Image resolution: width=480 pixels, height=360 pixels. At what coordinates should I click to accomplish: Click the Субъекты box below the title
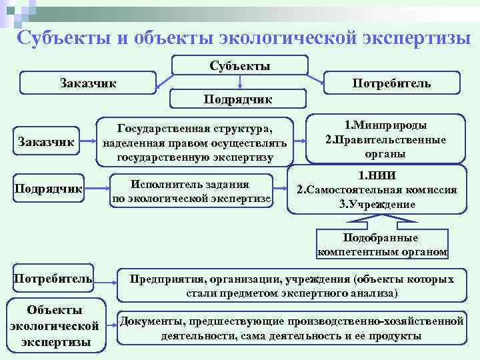pyautogui.click(x=240, y=65)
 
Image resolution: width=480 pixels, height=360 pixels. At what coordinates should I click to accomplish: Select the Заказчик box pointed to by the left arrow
pyautogui.click(x=87, y=83)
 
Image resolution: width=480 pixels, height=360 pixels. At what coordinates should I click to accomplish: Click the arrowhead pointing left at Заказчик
pyautogui.click(x=159, y=83)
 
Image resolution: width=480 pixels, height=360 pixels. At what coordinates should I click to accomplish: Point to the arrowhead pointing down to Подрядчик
pyautogui.click(x=240, y=86)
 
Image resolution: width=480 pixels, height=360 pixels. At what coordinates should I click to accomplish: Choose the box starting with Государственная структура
pyautogui.click(x=195, y=142)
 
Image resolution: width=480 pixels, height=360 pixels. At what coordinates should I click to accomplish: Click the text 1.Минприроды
pyautogui.click(x=386, y=125)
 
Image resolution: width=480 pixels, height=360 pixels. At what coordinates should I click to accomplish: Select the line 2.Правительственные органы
pyautogui.click(x=386, y=147)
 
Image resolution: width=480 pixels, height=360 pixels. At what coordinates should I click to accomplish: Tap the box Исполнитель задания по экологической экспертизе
pyautogui.click(x=191, y=191)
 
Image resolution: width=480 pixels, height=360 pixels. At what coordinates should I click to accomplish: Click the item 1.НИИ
pyautogui.click(x=377, y=177)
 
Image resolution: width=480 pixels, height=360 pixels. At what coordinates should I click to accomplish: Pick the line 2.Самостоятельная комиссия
pyautogui.click(x=377, y=190)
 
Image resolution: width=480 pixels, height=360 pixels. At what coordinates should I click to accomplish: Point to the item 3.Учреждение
pyautogui.click(x=377, y=204)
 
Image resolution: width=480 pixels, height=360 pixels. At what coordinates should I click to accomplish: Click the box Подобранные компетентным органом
pyautogui.click(x=383, y=245)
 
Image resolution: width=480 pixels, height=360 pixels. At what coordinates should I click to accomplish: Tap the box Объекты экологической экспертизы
pyautogui.click(x=55, y=325)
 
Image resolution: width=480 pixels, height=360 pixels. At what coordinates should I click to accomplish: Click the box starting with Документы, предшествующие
pyautogui.click(x=291, y=328)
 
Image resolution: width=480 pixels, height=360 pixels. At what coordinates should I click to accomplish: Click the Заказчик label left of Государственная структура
pyautogui.click(x=46, y=141)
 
